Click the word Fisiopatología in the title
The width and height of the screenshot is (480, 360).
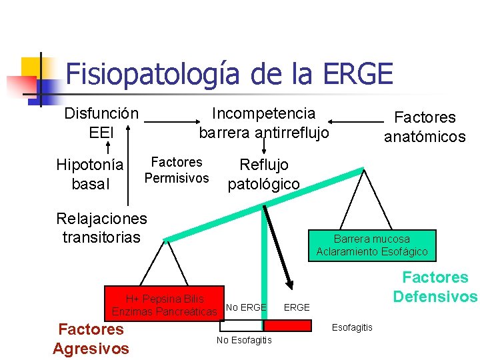[153, 73]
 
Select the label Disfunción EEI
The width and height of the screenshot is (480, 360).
[101, 123]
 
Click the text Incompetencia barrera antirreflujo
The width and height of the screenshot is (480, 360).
[263, 123]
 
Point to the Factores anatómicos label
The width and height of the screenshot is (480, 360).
[425, 127]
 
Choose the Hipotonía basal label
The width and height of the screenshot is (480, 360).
[90, 173]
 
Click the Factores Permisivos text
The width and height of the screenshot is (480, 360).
[177, 170]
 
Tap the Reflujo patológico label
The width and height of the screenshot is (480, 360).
[264, 173]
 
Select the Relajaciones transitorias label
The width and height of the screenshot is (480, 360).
[101, 227]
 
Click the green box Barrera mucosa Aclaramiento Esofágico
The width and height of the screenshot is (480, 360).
[371, 245]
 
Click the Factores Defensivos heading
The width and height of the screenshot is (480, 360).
[435, 287]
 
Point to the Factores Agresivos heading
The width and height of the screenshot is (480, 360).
[91, 338]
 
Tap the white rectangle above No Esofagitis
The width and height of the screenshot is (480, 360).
[242, 325]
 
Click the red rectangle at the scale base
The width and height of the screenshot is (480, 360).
[287, 325]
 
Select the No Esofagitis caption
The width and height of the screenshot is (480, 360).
[244, 341]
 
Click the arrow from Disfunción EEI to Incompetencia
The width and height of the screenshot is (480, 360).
[171, 123]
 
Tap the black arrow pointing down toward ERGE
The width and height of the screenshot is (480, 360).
[279, 247]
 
